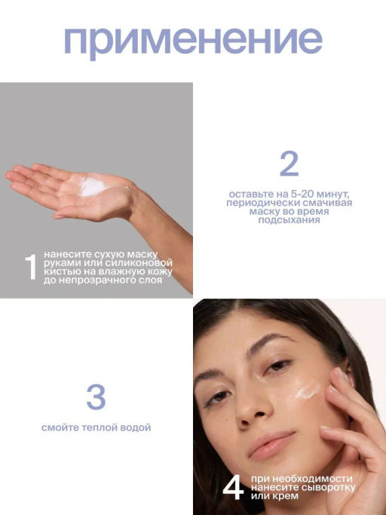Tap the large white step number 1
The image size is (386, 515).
[31, 267]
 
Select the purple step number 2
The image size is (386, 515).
[289, 164]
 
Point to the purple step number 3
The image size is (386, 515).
[96, 397]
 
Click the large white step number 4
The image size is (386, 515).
[233, 488]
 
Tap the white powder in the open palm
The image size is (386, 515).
[93, 186]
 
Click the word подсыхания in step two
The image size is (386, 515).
[289, 219]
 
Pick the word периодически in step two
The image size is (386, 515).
[258, 203]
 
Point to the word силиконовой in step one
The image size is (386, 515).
[137, 263]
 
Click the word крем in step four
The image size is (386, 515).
[286, 496]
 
